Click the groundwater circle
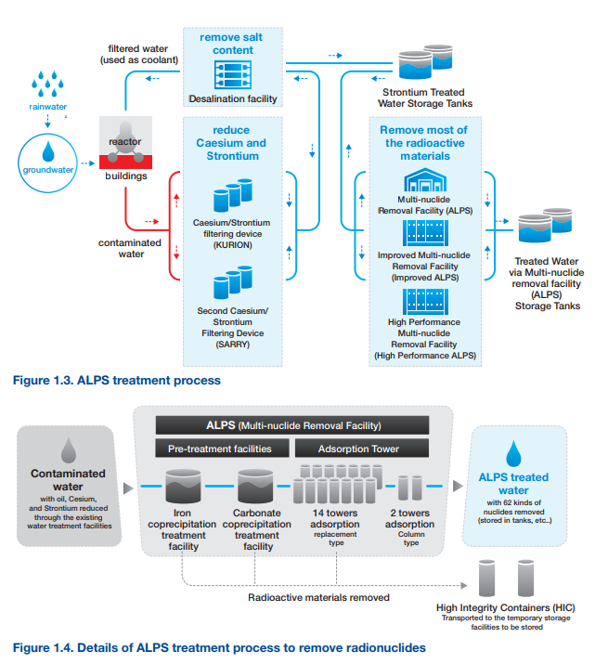tap(19, 163)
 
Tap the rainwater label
tap(48, 107)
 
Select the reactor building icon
tap(125, 143)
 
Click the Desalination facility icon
tap(233, 75)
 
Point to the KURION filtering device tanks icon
tap(233, 195)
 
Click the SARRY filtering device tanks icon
tap(233, 282)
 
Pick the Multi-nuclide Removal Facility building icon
tap(425, 180)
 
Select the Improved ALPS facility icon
tap(425, 233)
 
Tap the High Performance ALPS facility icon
tap(425, 302)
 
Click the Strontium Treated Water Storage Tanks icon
tap(426, 61)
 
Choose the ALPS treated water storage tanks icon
tap(545, 225)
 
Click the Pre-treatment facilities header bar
tap(222, 448)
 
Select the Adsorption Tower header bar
tap(362, 448)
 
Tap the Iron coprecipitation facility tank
tap(183, 486)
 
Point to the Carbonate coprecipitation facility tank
tap(255, 486)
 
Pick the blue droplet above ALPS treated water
tap(513, 453)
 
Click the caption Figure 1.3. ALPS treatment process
tap(117, 380)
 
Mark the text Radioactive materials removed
tap(318, 597)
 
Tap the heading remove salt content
tap(232, 44)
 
